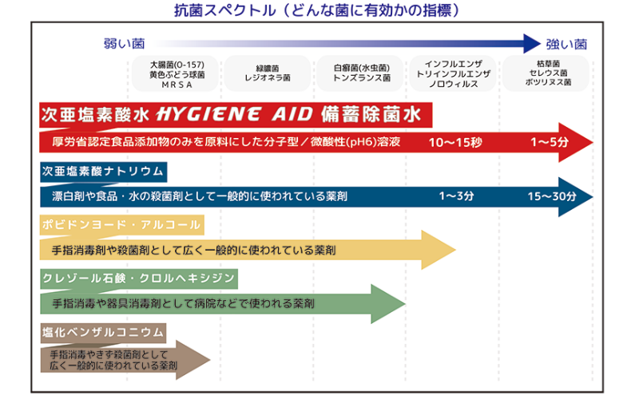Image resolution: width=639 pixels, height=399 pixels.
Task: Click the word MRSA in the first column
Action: (x=177, y=84)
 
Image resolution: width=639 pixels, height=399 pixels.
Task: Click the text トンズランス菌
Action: (x=361, y=79)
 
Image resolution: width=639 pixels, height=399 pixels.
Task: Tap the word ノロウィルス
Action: (x=453, y=84)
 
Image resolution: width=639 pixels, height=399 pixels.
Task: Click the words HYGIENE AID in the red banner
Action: (x=236, y=114)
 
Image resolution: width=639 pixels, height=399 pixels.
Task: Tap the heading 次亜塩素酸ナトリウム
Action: (x=103, y=171)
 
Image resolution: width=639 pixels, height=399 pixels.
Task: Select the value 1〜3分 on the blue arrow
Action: (x=456, y=196)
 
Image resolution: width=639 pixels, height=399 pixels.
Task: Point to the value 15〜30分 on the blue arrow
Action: (x=552, y=196)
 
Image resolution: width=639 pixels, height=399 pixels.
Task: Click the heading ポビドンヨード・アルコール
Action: (x=121, y=224)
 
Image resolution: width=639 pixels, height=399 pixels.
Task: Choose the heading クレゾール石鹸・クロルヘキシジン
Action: (x=138, y=278)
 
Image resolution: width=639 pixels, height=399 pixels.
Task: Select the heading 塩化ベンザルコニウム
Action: (x=103, y=331)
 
